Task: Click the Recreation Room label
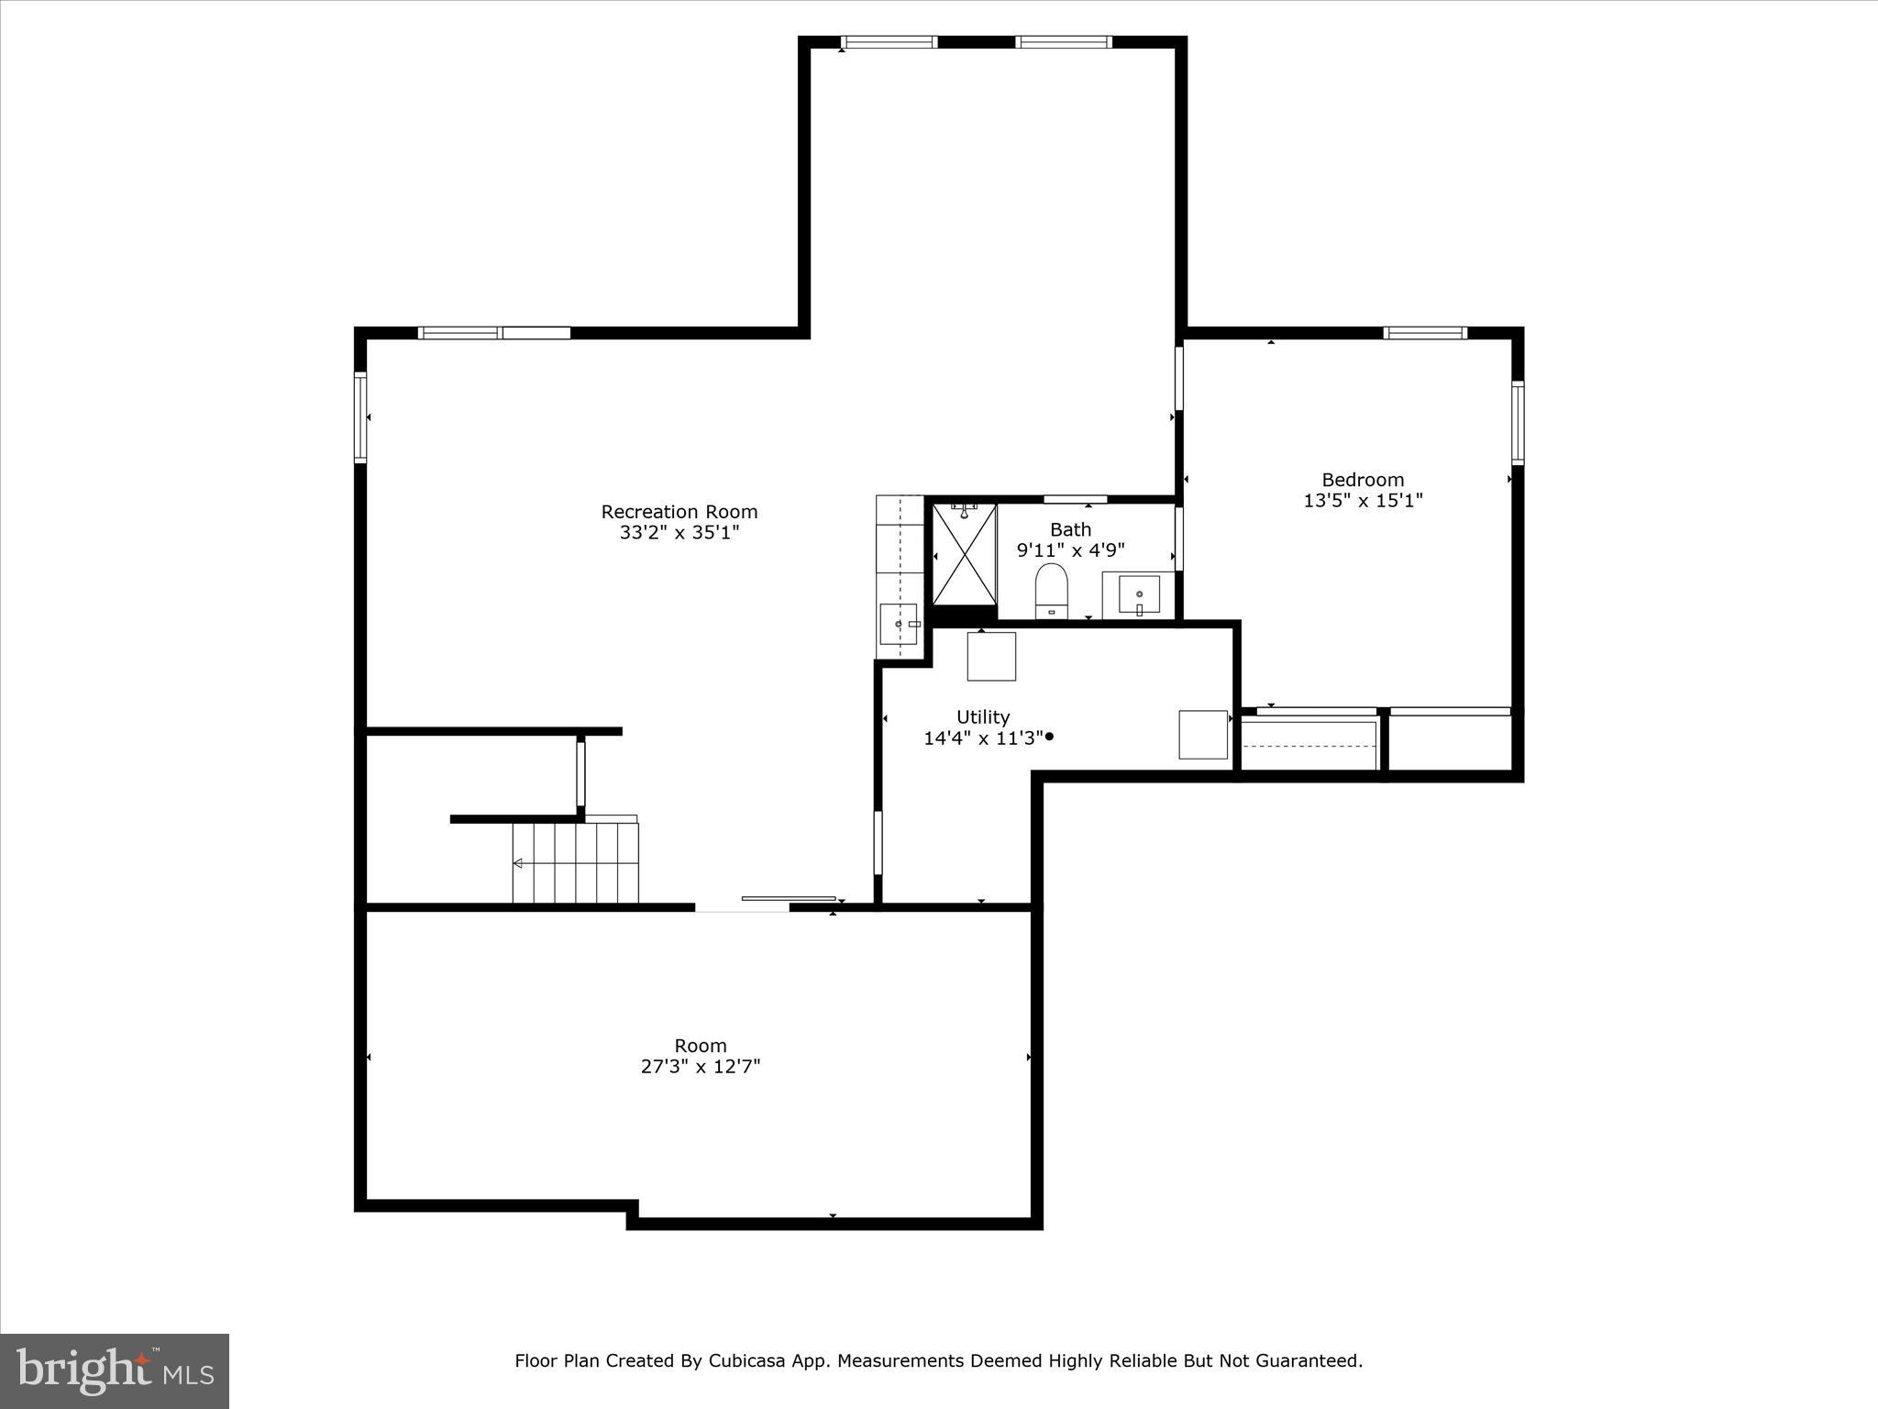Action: pos(679,512)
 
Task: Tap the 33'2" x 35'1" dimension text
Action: pos(679,533)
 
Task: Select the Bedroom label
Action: pos(1363,480)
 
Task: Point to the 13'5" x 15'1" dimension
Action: pos(1363,501)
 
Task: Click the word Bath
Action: pos(1070,529)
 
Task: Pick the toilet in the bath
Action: pos(1052,591)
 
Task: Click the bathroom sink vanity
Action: pos(1139,595)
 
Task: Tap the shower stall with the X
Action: pos(964,554)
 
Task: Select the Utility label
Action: pos(983,717)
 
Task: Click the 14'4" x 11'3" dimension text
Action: pos(983,738)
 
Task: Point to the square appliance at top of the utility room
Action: pos(991,657)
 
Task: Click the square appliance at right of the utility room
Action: pos(1202,735)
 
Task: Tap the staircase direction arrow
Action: pos(518,863)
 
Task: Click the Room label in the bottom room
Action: pos(701,1046)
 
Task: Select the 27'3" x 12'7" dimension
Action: pos(701,1067)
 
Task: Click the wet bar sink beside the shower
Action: pos(899,624)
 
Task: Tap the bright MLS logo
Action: pos(115,1370)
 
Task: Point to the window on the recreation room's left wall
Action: pos(360,417)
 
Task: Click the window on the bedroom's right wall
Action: pos(1518,423)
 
